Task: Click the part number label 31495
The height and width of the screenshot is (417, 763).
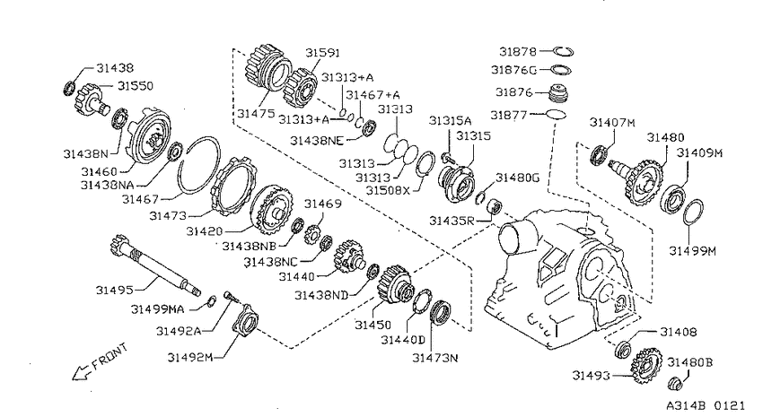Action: (114, 291)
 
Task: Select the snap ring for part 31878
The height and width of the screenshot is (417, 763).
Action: (564, 51)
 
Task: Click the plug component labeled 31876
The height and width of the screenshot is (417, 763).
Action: (559, 94)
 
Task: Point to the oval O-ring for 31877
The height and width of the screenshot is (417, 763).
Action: (556, 115)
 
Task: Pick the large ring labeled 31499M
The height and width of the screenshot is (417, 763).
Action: (693, 213)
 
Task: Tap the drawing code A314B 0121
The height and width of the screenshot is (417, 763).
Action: (706, 405)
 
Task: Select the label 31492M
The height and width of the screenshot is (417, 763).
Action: (190, 357)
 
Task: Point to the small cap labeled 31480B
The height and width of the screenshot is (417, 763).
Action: (675, 383)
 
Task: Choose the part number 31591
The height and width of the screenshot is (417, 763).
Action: (322, 53)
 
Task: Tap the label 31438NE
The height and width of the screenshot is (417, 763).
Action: (317, 141)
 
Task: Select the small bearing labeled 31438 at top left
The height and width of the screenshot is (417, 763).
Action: (70, 89)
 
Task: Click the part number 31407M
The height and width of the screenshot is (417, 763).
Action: (612, 123)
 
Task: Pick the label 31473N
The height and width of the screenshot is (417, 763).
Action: (435, 358)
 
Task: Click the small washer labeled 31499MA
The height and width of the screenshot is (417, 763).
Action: (212, 300)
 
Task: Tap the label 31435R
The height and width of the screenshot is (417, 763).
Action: (452, 222)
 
